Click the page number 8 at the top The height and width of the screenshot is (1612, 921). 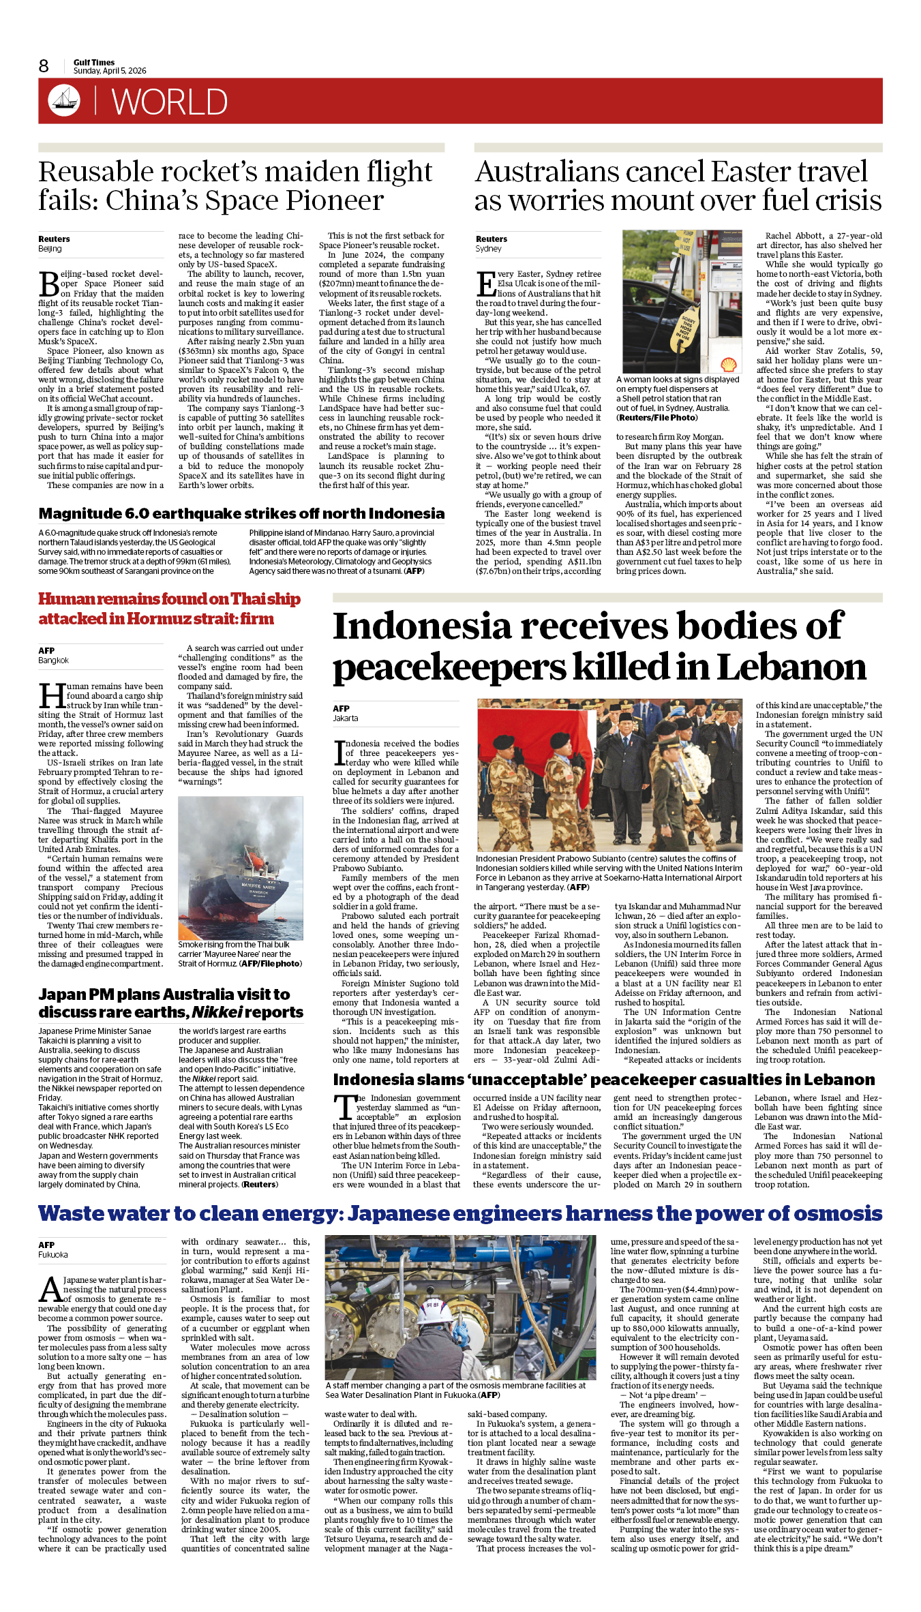[x=44, y=66]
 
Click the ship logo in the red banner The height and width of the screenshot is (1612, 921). [x=64, y=100]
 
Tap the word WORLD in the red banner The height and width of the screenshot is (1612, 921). [x=169, y=102]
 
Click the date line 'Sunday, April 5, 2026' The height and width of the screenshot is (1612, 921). [x=110, y=71]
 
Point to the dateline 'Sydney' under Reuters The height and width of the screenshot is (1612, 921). [x=488, y=249]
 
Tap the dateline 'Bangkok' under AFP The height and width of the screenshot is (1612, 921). [x=53, y=660]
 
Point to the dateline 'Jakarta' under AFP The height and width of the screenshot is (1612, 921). [x=345, y=718]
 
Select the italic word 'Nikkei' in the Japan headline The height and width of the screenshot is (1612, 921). [x=217, y=1012]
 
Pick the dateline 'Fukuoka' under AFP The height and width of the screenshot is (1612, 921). [x=53, y=1255]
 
